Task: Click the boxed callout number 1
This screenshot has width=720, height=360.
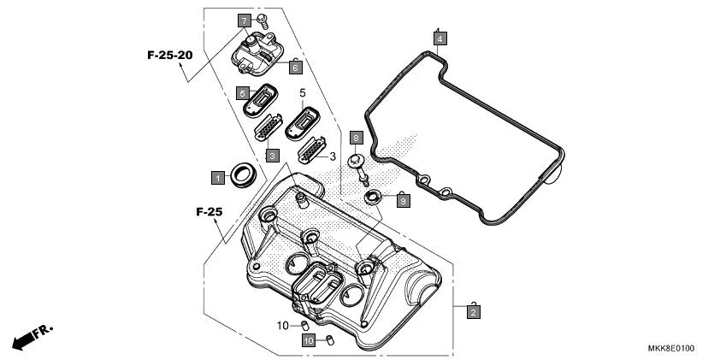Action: pyautogui.click(x=219, y=177)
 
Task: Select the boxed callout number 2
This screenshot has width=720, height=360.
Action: pyautogui.click(x=472, y=312)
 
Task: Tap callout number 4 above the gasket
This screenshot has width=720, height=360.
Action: pyautogui.click(x=439, y=38)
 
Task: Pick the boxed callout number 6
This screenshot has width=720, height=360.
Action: pyautogui.click(x=295, y=66)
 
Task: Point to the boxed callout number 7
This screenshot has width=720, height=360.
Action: pyautogui.click(x=244, y=20)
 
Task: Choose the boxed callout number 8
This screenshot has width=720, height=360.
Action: pyautogui.click(x=357, y=137)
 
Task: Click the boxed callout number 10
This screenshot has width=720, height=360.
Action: pyautogui.click(x=308, y=340)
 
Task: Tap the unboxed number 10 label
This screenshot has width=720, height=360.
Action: pyautogui.click(x=282, y=326)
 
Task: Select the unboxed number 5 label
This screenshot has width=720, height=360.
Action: pyautogui.click(x=302, y=91)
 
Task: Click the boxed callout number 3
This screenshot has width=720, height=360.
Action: pyautogui.click(x=272, y=156)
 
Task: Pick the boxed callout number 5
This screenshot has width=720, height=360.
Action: pyautogui.click(x=243, y=92)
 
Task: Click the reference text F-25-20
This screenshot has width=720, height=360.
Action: pyautogui.click(x=169, y=55)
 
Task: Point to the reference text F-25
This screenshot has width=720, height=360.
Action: pyautogui.click(x=209, y=211)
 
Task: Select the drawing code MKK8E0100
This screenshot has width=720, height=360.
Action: pyautogui.click(x=670, y=349)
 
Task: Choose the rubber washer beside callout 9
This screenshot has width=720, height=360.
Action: pyautogui.click(x=374, y=198)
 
